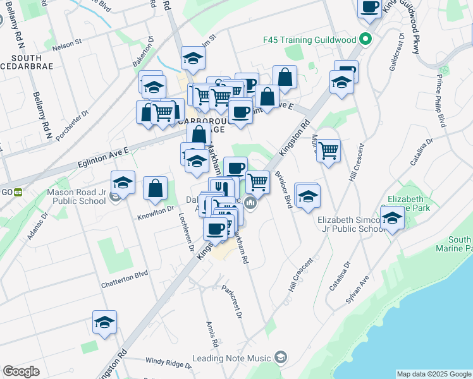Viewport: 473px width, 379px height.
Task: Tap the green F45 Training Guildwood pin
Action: (365, 39)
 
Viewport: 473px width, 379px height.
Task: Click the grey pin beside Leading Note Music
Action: (281, 358)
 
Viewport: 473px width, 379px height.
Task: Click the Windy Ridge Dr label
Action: (168, 363)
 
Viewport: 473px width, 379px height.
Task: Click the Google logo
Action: (21, 371)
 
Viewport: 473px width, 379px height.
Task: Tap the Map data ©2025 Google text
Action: (433, 374)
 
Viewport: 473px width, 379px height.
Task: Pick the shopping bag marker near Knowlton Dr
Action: (155, 188)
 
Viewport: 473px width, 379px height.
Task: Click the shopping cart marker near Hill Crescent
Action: (328, 151)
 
